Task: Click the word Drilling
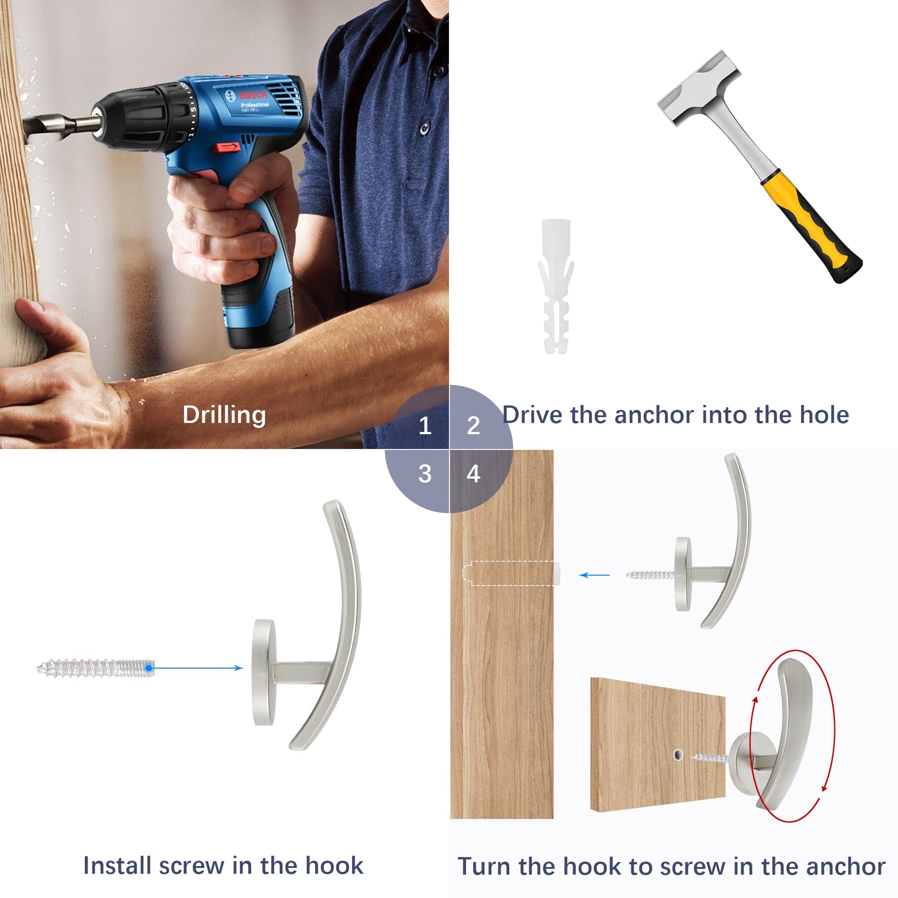(x=224, y=415)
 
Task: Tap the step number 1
(x=425, y=425)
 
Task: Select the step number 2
(x=473, y=425)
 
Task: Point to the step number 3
(x=425, y=473)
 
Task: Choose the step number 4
(x=473, y=473)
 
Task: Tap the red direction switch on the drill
(x=227, y=148)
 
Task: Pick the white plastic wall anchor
(x=556, y=286)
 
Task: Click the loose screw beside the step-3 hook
(x=95, y=668)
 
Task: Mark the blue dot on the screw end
(x=149, y=668)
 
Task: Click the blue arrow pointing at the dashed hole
(x=594, y=575)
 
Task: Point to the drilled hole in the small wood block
(x=678, y=754)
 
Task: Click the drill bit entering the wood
(x=60, y=126)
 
